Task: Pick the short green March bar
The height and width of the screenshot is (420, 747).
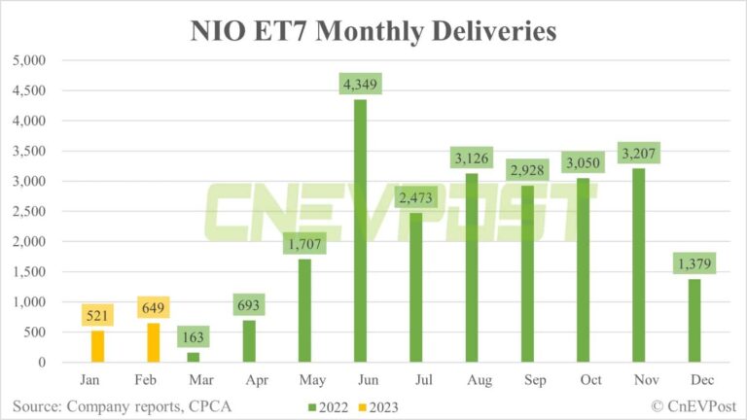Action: pyautogui.click(x=193, y=357)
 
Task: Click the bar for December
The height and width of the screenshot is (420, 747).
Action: pyautogui.click(x=693, y=321)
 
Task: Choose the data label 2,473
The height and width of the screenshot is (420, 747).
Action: pyautogui.click(x=415, y=197)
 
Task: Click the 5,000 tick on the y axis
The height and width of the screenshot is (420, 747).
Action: pyautogui.click(x=29, y=60)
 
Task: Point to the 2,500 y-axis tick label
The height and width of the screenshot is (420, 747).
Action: pyautogui.click(x=29, y=212)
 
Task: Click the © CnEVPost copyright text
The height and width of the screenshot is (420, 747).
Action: pyautogui.click(x=682, y=402)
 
